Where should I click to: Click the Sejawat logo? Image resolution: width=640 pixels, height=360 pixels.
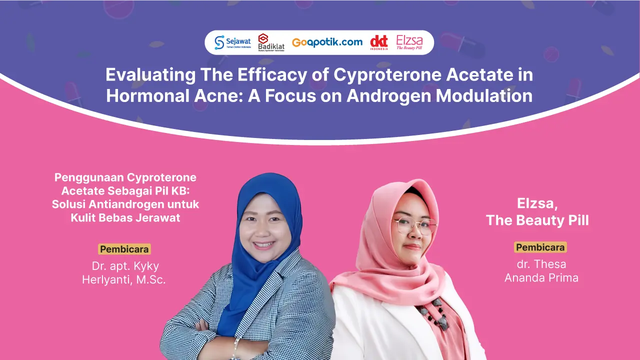tap(232, 42)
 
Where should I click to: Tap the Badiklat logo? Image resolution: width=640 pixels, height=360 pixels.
tap(271, 42)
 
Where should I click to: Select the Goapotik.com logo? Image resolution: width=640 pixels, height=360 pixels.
tap(327, 42)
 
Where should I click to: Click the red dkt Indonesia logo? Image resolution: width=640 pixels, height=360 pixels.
tap(379, 42)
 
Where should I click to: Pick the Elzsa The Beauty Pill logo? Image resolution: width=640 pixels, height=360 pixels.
tap(409, 42)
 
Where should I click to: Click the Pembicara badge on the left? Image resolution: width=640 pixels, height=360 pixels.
tap(124, 249)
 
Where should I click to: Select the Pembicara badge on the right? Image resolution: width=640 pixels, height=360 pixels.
tap(540, 247)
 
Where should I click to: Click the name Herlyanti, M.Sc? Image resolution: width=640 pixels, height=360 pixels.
tap(124, 280)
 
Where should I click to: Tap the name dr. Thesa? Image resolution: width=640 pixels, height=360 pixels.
tap(541, 264)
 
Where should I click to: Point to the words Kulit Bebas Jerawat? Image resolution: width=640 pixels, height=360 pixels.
tap(125, 217)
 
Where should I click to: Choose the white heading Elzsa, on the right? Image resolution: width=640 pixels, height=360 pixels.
tap(537, 203)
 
